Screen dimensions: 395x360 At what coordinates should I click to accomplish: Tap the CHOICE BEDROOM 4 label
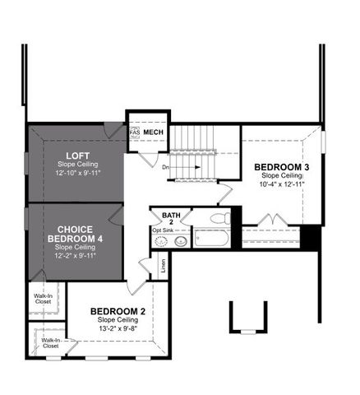76,229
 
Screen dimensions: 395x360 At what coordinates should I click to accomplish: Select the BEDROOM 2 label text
122,311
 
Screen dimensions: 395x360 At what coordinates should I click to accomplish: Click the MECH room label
154,132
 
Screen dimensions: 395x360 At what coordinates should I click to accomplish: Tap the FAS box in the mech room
135,132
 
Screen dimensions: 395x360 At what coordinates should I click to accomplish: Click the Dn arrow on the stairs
187,167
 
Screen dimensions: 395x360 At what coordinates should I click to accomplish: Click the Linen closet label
164,265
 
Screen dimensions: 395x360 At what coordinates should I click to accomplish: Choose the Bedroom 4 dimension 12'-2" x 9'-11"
76,255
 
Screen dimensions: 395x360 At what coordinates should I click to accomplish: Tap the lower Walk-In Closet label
51,342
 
